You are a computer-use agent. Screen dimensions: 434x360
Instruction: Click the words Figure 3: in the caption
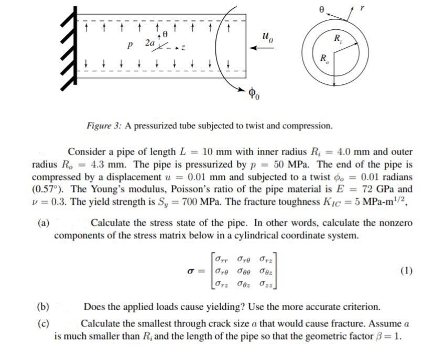[x=104, y=127]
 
